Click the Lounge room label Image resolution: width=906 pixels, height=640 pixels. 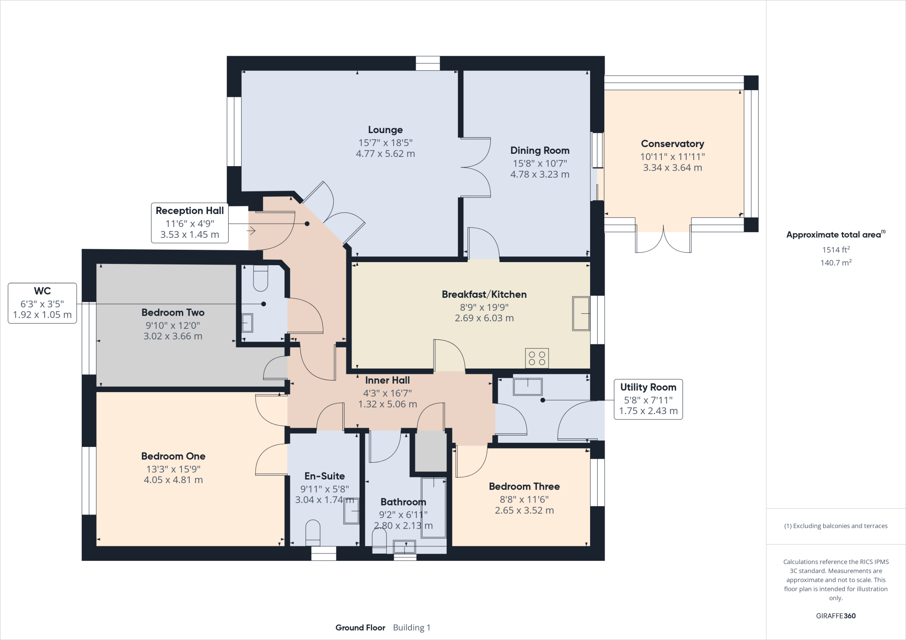[385, 130]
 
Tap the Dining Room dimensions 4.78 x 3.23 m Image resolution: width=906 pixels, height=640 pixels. [539, 175]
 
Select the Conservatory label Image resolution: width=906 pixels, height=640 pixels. [672, 144]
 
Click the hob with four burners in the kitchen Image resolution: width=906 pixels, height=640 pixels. [537, 358]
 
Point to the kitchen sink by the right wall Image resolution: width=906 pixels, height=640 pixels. [581, 313]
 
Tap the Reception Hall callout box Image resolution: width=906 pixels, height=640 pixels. [190, 223]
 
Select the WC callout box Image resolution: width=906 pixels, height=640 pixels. [42, 303]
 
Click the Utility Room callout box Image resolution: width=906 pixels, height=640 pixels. [648, 399]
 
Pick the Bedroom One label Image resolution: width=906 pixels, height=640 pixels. [173, 456]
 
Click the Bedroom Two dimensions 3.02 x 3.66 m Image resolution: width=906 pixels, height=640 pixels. [173, 336]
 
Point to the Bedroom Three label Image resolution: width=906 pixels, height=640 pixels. [524, 487]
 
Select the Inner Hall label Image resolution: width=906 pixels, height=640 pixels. [387, 380]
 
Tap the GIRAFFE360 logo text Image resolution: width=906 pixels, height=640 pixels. [836, 616]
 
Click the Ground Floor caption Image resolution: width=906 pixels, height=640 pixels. [360, 628]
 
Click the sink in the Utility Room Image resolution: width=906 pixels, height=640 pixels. [527, 387]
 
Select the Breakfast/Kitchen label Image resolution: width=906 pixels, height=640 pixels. [484, 294]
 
